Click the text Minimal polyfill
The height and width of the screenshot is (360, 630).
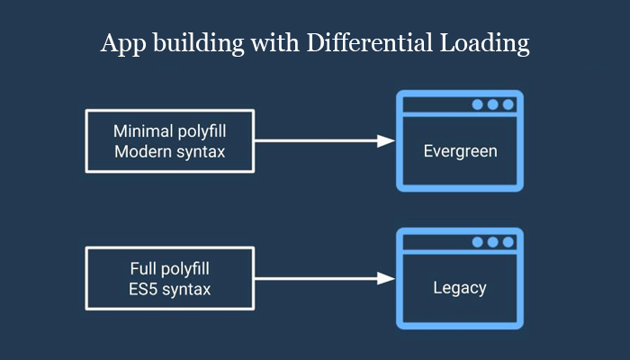pyautogui.click(x=170, y=130)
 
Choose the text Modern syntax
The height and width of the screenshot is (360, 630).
pyautogui.click(x=170, y=151)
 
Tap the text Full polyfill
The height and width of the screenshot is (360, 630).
pyautogui.click(x=170, y=268)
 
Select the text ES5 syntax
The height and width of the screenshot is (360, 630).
pyautogui.click(x=170, y=289)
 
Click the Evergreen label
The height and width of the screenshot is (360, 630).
pyautogui.click(x=460, y=150)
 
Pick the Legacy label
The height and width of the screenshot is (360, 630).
pyautogui.click(x=460, y=288)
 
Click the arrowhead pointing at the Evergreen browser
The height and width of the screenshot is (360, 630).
pyautogui.click(x=386, y=140)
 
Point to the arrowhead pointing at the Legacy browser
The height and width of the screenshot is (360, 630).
pyautogui.click(x=386, y=279)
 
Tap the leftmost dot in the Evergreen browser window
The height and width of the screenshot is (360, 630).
pyautogui.click(x=478, y=104)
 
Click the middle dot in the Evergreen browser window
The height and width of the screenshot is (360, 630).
pyautogui.click(x=493, y=104)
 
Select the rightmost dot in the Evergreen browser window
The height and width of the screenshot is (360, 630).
pyautogui.click(x=508, y=104)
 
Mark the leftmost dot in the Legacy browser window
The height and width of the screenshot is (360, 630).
pyautogui.click(x=478, y=242)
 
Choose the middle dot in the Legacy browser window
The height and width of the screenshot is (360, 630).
pyautogui.click(x=493, y=242)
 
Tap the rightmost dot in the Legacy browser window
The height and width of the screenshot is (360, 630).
pyautogui.click(x=508, y=242)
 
